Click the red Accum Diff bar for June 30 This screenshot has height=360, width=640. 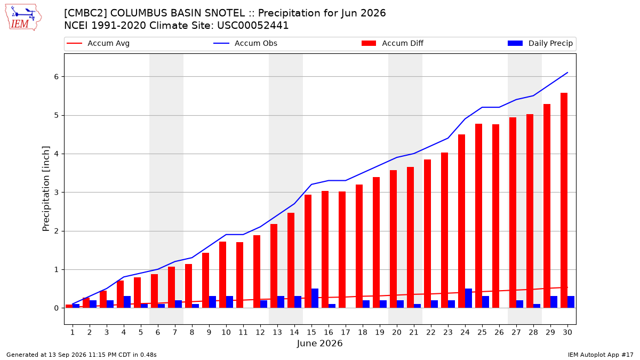click(564, 201)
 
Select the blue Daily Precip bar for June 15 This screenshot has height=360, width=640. click(315, 298)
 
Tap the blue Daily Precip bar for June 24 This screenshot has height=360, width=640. click(469, 298)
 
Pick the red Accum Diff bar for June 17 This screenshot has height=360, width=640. click(342, 250)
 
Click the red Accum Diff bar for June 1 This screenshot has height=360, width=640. click(69, 306)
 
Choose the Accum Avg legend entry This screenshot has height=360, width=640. click(98, 43)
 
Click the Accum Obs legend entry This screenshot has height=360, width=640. click(245, 43)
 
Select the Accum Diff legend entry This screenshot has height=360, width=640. click(393, 43)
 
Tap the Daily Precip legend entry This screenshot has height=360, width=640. click(540, 43)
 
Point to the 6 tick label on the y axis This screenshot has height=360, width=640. click(57, 77)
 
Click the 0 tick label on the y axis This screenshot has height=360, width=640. click(57, 308)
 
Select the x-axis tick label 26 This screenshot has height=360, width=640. click(499, 332)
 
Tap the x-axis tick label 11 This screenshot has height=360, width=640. click(243, 332)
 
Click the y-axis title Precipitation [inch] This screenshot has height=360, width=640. click(46, 189)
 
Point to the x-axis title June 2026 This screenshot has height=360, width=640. click(319, 343)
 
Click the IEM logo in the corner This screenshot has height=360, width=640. click(23, 17)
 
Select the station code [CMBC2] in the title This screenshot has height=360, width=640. click(85, 13)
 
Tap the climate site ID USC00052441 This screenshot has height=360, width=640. click(253, 26)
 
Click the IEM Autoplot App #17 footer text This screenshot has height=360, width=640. click(601, 355)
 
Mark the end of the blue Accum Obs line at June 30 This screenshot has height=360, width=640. click(567, 73)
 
